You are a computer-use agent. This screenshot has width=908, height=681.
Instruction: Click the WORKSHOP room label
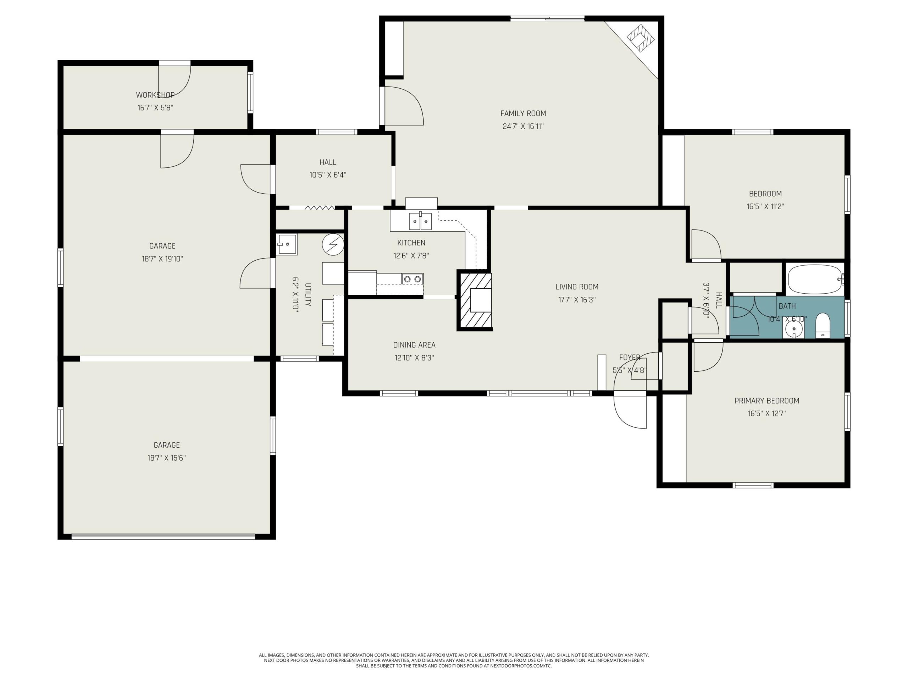(155, 95)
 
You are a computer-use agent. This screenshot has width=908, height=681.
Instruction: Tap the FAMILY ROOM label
(523, 113)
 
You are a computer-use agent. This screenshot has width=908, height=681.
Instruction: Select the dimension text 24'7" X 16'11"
(523, 126)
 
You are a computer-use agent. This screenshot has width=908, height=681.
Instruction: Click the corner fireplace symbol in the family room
(640, 38)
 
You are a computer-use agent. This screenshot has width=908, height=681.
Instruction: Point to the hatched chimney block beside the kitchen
(475, 300)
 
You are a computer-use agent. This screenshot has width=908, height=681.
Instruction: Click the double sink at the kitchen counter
(420, 222)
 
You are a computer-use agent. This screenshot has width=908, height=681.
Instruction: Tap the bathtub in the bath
(815, 279)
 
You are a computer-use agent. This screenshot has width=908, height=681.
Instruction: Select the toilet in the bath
(823, 326)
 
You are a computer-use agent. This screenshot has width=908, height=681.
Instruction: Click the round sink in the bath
(793, 329)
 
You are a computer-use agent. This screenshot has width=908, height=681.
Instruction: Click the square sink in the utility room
(287, 245)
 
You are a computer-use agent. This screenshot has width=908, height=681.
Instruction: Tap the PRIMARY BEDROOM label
(766, 401)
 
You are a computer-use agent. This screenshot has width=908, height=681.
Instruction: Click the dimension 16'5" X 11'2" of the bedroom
(765, 206)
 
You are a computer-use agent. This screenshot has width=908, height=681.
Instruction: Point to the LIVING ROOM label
(577, 287)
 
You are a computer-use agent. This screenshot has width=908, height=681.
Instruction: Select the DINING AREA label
(414, 345)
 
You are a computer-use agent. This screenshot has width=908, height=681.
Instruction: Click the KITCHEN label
(411, 243)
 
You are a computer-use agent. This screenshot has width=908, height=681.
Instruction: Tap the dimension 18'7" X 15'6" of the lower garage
(167, 458)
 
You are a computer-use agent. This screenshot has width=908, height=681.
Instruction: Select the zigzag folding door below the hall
(320, 208)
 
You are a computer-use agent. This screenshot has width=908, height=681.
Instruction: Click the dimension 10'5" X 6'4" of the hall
(328, 175)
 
